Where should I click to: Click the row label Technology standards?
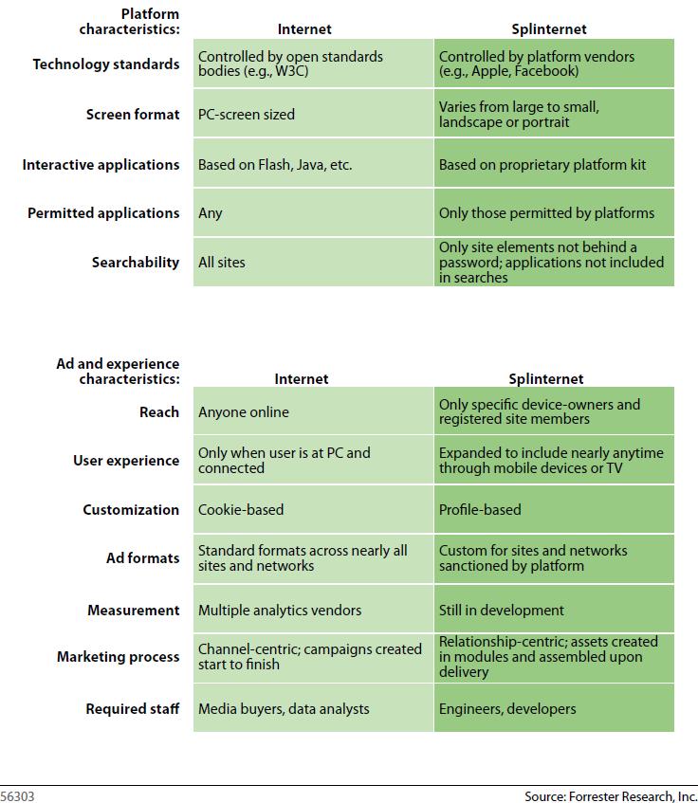pyautogui.click(x=105, y=64)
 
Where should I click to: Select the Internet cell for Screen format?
pyautogui.click(x=313, y=115)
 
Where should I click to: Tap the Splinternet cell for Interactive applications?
pyautogui.click(x=554, y=164)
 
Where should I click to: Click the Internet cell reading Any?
pyautogui.click(x=313, y=213)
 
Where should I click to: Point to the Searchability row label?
pyautogui.click(x=135, y=263)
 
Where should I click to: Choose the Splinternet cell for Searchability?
pyautogui.click(x=554, y=263)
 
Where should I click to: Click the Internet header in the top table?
pyautogui.click(x=304, y=29)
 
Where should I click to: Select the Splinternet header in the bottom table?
pyautogui.click(x=545, y=378)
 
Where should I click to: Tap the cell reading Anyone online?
pyautogui.click(x=313, y=412)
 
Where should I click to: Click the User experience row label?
pyautogui.click(x=125, y=461)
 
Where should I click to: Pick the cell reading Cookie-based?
pyautogui.click(x=313, y=510)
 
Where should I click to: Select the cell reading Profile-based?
pyautogui.click(x=554, y=510)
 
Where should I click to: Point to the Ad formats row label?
pyautogui.click(x=142, y=558)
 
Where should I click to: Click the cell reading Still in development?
pyautogui.click(x=554, y=611)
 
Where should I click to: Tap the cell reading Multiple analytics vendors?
pyautogui.click(x=313, y=611)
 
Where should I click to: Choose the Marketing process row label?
pyautogui.click(x=118, y=657)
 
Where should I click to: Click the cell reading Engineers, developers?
pyautogui.click(x=554, y=708)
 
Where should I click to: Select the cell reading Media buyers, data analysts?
pyautogui.click(x=313, y=708)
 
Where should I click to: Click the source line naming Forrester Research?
pyautogui.click(x=610, y=795)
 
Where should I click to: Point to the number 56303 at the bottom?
pyautogui.click(x=17, y=796)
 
